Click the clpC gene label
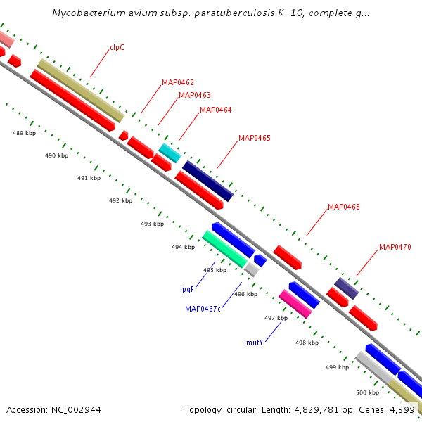[117, 48]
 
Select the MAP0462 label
[178, 82]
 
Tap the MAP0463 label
[195, 95]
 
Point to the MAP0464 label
[215, 110]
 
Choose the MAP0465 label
[255, 138]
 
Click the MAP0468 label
[344, 207]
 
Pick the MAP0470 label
[395, 247]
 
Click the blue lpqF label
[187, 289]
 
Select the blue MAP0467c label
[203, 308]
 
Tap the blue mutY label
[255, 343]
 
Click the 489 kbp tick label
[24, 132]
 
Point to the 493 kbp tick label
[152, 224]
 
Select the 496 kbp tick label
[245, 294]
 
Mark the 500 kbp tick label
[367, 392]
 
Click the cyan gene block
[170, 153]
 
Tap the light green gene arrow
[225, 249]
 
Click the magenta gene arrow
[295, 303]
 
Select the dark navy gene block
[207, 181]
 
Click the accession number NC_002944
[53, 409]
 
